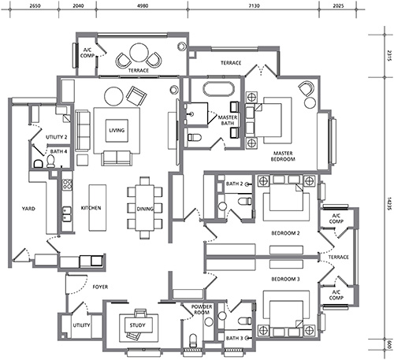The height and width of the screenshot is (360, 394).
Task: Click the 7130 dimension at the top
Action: click(x=254, y=6)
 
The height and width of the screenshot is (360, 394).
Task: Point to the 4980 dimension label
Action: click(x=143, y=6)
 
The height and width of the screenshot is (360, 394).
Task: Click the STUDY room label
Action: click(x=137, y=325)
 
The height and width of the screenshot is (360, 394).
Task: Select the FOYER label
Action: click(x=100, y=287)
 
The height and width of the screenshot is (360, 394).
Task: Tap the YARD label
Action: click(x=28, y=209)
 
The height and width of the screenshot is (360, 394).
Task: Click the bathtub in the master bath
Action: click(x=219, y=89)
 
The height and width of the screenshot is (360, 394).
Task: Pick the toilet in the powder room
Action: click(x=193, y=340)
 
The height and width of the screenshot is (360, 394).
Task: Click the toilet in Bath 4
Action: click(x=50, y=161)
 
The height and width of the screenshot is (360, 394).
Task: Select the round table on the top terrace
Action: click(x=139, y=53)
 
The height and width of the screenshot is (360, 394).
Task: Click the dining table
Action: click(x=145, y=208)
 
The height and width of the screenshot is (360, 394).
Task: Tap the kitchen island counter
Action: click(x=98, y=208)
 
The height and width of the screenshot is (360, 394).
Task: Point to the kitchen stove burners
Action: click(x=67, y=184)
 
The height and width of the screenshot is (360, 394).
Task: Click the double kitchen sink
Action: click(x=66, y=214)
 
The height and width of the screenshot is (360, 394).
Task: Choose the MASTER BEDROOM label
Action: click(x=283, y=156)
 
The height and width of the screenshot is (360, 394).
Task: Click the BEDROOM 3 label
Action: click(x=285, y=279)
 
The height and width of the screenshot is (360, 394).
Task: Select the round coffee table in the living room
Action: click(x=113, y=96)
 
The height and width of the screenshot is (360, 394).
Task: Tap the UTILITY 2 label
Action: click(x=57, y=137)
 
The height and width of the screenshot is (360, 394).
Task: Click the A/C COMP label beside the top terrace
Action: click(x=87, y=53)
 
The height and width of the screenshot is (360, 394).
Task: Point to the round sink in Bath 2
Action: click(x=222, y=206)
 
